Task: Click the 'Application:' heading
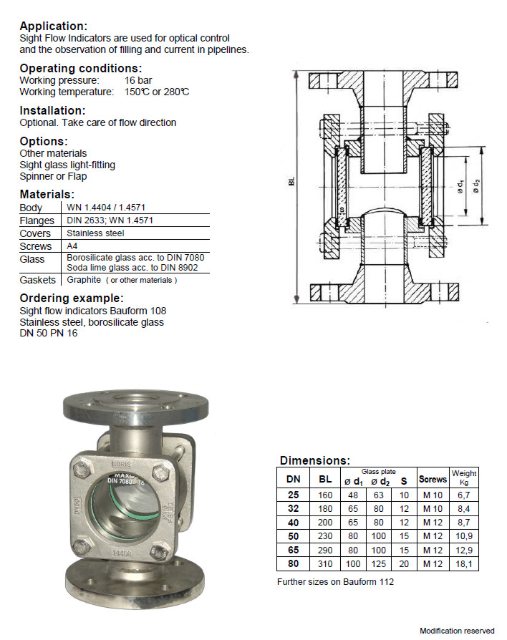click(54, 26)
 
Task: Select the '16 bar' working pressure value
click(138, 80)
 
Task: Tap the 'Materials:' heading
click(47, 194)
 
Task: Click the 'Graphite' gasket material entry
click(84, 280)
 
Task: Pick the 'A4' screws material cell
click(72, 246)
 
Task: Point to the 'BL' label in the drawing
click(291, 181)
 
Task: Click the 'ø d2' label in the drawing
click(476, 186)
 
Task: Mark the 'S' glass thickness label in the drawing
click(342, 210)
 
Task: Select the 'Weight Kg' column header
click(464, 477)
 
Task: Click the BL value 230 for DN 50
click(325, 536)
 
